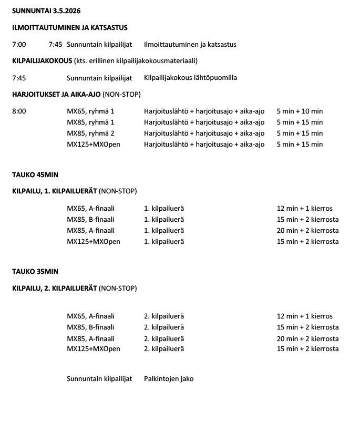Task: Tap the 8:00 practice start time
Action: (x=18, y=111)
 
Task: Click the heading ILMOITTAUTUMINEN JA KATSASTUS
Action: (x=69, y=27)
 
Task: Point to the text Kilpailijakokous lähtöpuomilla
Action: (x=190, y=77)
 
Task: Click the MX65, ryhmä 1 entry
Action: (x=90, y=111)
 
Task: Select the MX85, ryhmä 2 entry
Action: (x=90, y=133)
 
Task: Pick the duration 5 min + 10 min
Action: (x=300, y=111)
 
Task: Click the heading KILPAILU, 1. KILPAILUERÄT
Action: (x=54, y=191)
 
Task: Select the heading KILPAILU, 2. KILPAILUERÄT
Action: (x=54, y=288)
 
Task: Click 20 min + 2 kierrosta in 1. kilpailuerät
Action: (x=307, y=230)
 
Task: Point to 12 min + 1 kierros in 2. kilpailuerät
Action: (x=304, y=316)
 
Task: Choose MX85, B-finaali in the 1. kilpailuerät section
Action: (x=90, y=219)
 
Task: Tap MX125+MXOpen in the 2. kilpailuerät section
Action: (x=94, y=349)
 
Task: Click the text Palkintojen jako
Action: (x=169, y=378)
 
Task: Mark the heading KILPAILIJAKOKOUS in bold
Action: (x=42, y=60)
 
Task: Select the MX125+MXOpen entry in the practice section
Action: (x=94, y=144)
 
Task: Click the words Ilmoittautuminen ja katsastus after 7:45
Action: (x=190, y=44)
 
